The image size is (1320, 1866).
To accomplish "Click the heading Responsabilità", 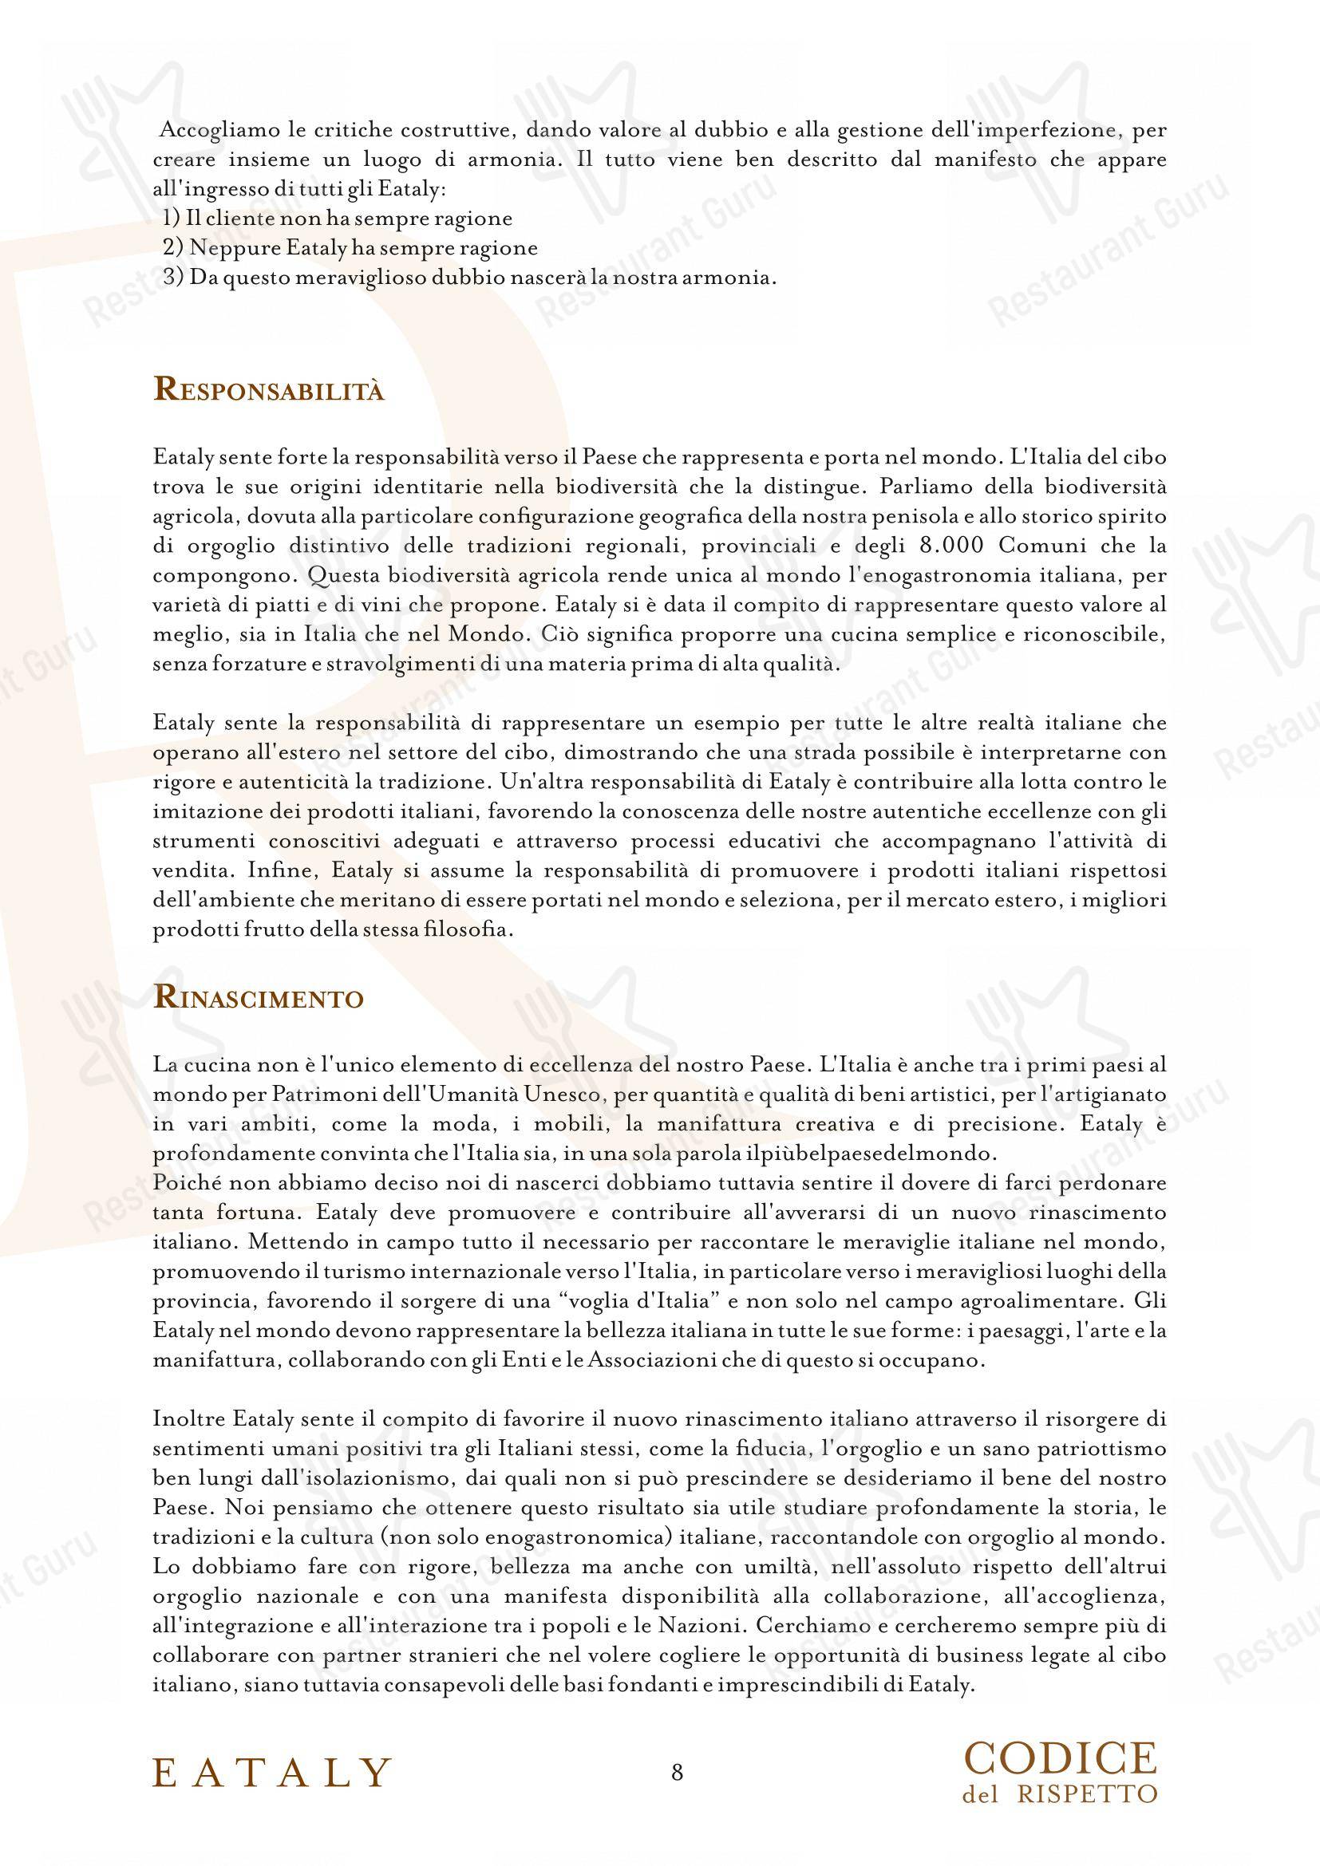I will pyautogui.click(x=269, y=389).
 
